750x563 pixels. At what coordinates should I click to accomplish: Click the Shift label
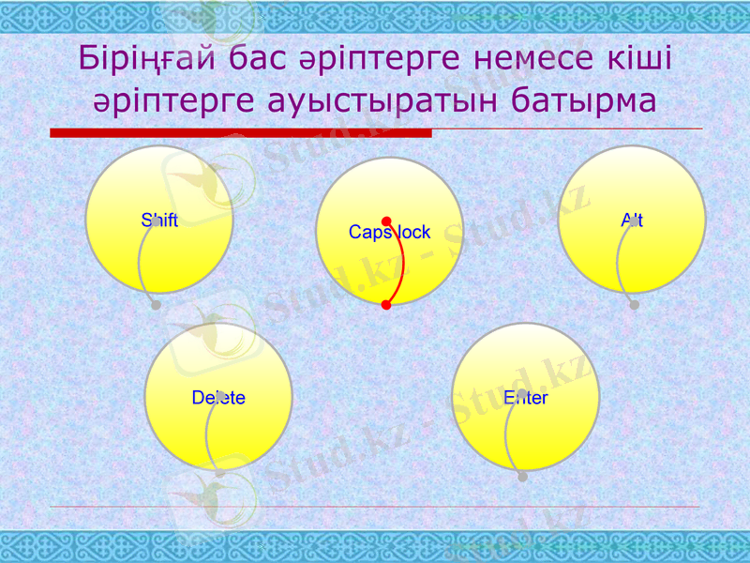pos(159,221)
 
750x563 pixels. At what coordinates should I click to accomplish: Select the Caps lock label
pos(389,232)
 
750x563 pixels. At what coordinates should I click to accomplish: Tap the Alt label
pos(632,221)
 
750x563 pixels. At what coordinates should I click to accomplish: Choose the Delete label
pos(218,398)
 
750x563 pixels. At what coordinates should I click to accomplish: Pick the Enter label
pos(525,398)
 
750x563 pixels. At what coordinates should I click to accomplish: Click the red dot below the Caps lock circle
pos(386,305)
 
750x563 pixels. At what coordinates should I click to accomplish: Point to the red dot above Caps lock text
pos(386,222)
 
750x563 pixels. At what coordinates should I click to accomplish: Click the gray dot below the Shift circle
pos(156,305)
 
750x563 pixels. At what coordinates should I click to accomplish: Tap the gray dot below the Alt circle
pos(635,305)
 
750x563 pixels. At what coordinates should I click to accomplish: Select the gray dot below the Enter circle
pos(522,477)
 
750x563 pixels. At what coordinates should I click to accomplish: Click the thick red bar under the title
pos(241,133)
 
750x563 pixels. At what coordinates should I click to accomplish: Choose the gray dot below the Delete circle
pos(220,474)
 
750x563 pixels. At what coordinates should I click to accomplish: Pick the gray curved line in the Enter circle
pos(507,432)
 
